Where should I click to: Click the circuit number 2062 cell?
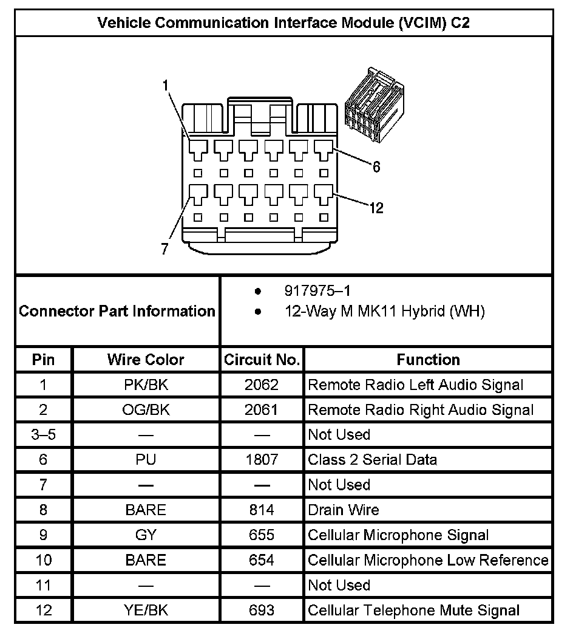tap(262, 385)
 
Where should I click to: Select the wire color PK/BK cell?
tap(146, 385)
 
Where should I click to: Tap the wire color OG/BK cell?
tap(146, 410)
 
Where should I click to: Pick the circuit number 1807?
tap(262, 460)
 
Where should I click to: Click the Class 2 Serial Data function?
tap(372, 460)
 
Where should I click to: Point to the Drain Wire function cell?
tap(344, 510)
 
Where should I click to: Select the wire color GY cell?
tap(146, 535)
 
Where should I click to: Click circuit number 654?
tap(262, 560)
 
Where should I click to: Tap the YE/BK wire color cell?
tap(146, 610)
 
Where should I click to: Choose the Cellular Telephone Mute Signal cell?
tap(413, 610)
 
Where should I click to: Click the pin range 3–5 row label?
tap(43, 435)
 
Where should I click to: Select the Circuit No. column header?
tap(262, 360)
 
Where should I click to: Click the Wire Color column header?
tap(146, 360)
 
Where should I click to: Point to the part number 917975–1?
tap(317, 291)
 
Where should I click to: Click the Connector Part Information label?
tap(117, 312)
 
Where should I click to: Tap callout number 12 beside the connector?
tap(376, 208)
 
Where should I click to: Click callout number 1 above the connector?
tap(165, 86)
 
